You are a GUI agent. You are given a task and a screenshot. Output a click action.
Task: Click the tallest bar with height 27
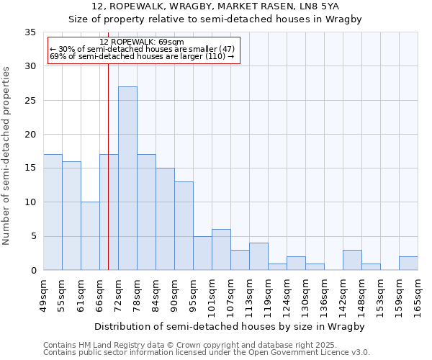coord(127,179)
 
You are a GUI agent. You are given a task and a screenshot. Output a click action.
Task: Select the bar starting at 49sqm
coord(53,212)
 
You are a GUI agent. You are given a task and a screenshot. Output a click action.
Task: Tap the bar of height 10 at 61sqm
coord(90,236)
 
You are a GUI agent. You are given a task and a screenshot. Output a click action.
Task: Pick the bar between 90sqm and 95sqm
coord(184,226)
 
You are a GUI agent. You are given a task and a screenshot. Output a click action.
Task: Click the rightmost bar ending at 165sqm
coord(408,264)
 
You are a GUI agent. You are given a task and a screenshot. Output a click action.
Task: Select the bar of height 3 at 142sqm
coord(352,260)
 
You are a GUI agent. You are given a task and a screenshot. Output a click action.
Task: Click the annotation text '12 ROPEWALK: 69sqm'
coord(142,42)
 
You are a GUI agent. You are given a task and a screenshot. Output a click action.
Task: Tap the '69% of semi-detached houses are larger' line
coord(142,57)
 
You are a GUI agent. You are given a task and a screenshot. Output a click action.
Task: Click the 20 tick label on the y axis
coord(30,135)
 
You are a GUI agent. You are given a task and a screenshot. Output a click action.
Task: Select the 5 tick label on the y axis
coord(33,237)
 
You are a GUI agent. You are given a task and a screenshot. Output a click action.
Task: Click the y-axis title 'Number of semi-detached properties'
coord(7,156)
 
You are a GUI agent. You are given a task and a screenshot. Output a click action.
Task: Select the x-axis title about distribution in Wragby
coord(230,326)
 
